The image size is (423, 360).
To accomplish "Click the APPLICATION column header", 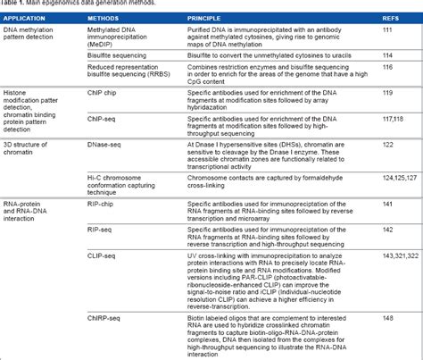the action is pos(26,17).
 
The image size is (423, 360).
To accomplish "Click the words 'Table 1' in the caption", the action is pos(12,4).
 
